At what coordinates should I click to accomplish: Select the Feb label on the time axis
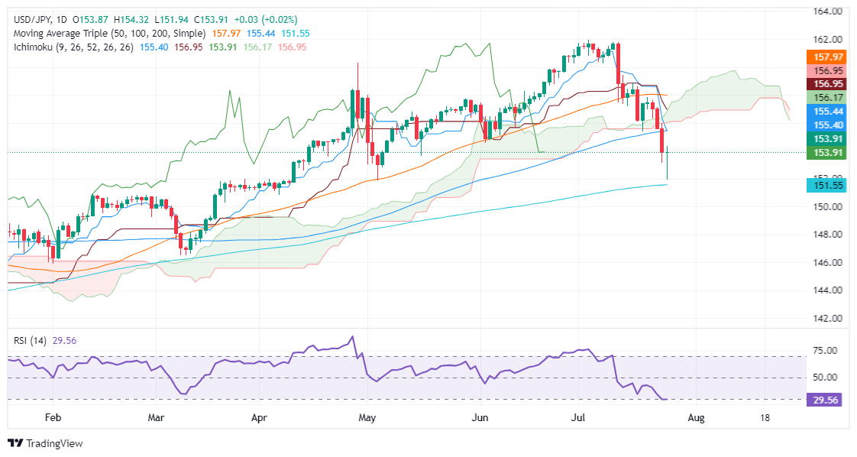pyautogui.click(x=53, y=417)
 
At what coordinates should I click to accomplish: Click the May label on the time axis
pyautogui.click(x=367, y=417)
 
